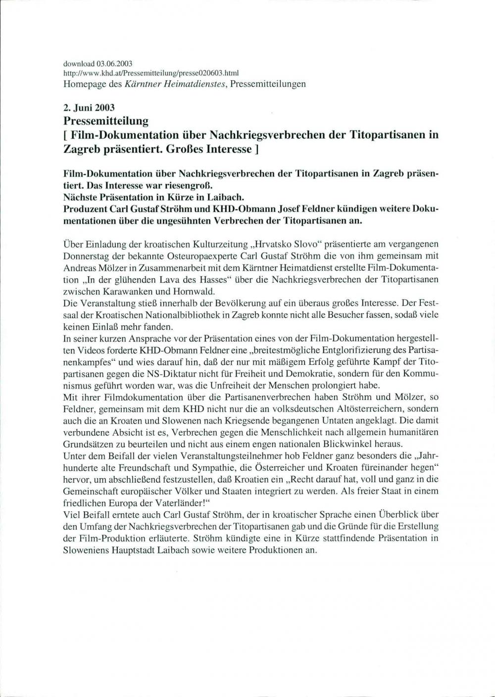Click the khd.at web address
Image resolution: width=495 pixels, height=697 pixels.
151,73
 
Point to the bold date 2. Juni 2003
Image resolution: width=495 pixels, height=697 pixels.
89,108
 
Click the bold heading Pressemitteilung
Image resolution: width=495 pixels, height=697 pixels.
106,120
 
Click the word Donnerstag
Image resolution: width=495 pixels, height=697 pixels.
85,256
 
